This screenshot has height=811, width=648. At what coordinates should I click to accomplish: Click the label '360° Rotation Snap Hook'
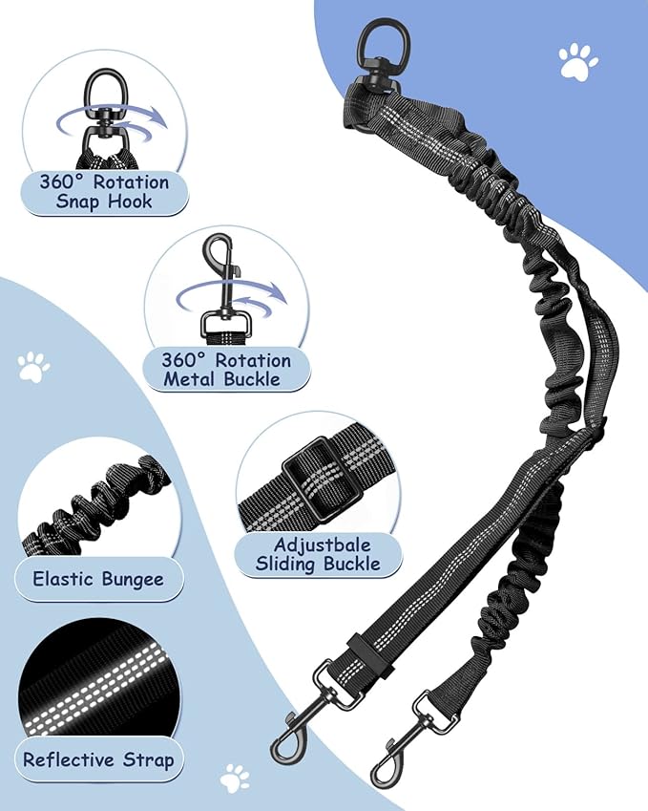click(104, 191)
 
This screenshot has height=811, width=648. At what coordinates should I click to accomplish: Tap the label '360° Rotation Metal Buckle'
click(226, 370)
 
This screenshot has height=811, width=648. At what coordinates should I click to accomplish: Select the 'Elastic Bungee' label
click(98, 579)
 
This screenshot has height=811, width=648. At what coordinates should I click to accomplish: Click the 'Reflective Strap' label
click(98, 759)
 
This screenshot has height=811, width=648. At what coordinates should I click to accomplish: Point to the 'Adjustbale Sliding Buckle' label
click(319, 554)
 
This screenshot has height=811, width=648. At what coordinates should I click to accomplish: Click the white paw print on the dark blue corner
click(578, 61)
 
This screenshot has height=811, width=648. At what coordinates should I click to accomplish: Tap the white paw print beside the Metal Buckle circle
click(33, 367)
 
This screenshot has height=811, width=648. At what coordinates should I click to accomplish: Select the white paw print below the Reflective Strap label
click(235, 779)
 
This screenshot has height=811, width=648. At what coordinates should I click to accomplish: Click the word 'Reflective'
click(69, 759)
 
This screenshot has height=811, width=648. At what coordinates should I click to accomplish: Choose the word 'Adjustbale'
click(323, 545)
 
